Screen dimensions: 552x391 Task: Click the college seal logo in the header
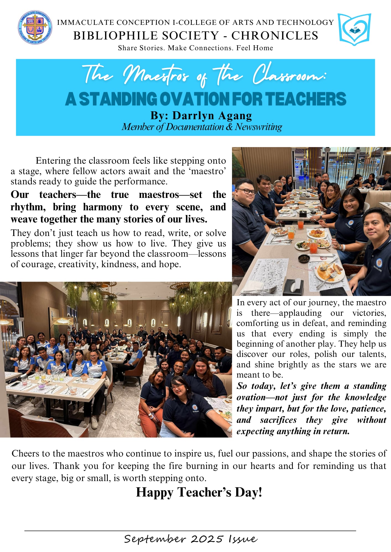pyautogui.click(x=35, y=28)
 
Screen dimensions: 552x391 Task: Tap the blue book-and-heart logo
pyautogui.click(x=354, y=29)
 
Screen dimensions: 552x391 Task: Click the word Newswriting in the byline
pyautogui.click(x=258, y=127)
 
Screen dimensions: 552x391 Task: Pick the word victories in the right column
pyautogui.click(x=369, y=313)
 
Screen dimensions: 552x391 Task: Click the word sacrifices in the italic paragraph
pyautogui.click(x=278, y=420)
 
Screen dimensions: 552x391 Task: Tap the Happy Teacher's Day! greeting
pyautogui.click(x=199, y=492)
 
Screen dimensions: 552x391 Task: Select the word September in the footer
pyautogui.click(x=154, y=539)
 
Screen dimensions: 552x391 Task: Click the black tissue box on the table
pyautogui.click(x=294, y=287)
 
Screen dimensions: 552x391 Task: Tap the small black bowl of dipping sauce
pyautogui.click(x=304, y=258)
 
